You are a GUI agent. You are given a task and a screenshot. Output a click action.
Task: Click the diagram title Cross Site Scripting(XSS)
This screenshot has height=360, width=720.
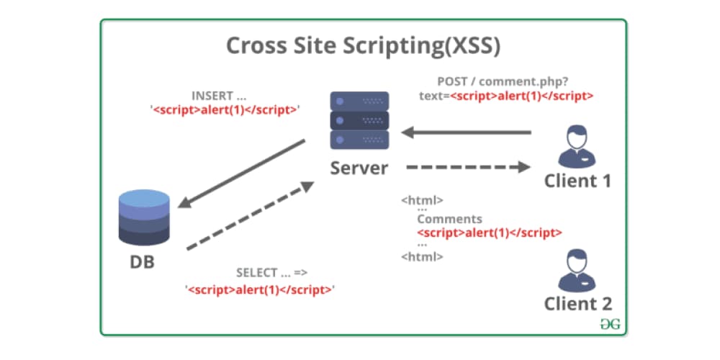[x=363, y=45]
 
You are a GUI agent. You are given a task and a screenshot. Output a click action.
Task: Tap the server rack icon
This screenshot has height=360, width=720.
[x=359, y=120]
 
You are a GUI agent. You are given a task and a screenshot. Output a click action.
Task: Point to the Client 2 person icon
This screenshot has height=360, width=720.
[x=576, y=269]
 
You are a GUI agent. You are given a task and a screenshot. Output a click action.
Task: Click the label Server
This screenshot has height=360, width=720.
[x=359, y=168]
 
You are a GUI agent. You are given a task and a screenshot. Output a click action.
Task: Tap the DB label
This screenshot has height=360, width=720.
[x=142, y=261]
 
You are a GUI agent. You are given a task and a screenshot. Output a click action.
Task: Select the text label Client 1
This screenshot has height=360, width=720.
[x=577, y=180]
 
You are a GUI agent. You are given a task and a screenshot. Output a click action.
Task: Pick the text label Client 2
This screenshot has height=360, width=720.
[x=577, y=303]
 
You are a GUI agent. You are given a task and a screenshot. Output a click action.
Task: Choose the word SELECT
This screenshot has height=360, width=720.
[x=256, y=273]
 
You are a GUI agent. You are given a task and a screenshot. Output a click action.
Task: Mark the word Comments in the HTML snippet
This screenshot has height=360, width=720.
[x=449, y=219]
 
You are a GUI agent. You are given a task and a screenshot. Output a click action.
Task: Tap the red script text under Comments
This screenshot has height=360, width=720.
[x=490, y=233]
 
